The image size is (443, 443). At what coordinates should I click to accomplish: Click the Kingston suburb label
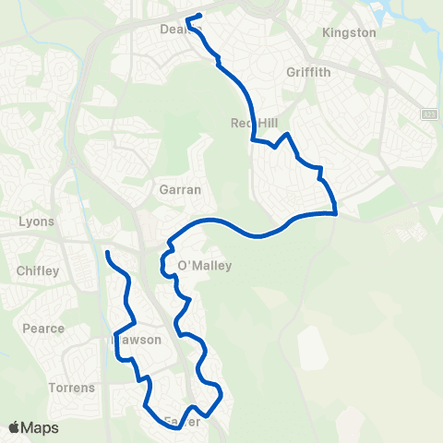pyautogui.click(x=350, y=33)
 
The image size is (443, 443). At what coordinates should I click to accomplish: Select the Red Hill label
pyautogui.click(x=253, y=124)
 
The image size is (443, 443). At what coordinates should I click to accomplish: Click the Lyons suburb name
pyautogui.click(x=37, y=221)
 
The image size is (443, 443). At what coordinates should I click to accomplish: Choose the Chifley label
pyautogui.click(x=38, y=271)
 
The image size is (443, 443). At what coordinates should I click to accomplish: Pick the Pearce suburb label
pyautogui.click(x=43, y=329)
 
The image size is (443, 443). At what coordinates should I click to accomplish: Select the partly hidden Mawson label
pyautogui.click(x=138, y=340)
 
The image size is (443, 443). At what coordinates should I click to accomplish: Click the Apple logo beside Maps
pyautogui.click(x=15, y=427)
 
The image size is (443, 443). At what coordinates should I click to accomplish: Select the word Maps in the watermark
pyautogui.click(x=41, y=427)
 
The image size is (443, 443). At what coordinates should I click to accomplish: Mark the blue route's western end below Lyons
pyautogui.click(x=108, y=252)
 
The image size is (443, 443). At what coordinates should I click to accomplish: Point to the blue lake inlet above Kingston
pyautogui.click(x=381, y=11)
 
